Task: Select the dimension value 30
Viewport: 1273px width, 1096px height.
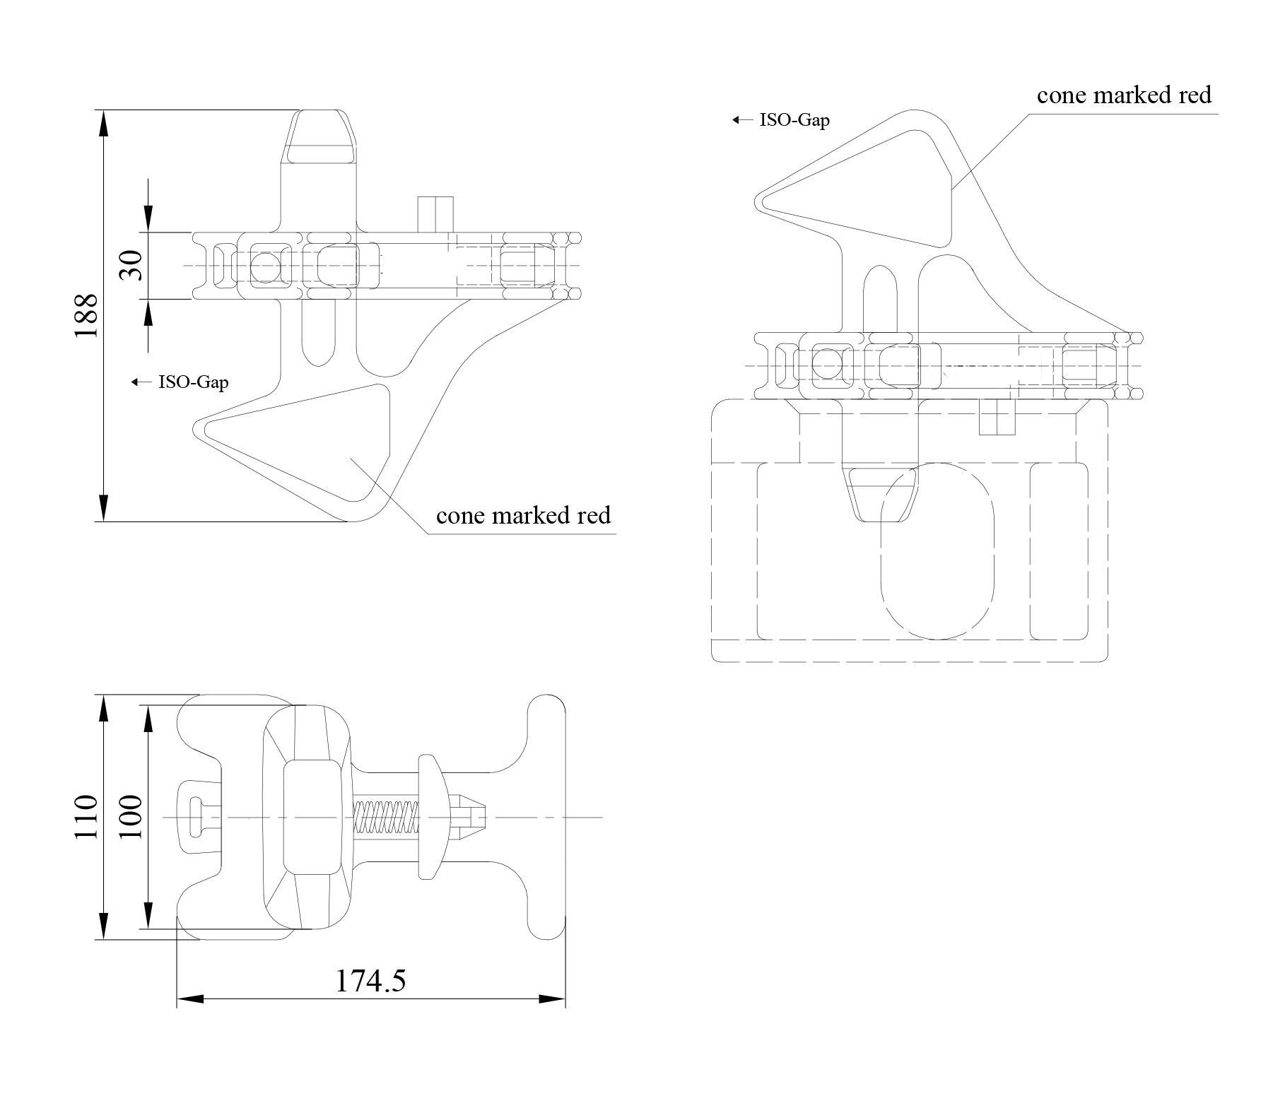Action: tap(131, 266)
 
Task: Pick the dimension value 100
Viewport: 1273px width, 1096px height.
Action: tap(131, 818)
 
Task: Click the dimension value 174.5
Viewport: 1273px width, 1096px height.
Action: tap(370, 980)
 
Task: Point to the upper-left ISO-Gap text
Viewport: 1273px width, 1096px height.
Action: tap(193, 382)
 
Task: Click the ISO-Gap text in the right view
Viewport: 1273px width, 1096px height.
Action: tap(794, 120)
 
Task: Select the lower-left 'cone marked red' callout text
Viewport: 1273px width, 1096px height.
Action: tap(523, 515)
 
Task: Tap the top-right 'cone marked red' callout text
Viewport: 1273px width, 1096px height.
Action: tap(1124, 95)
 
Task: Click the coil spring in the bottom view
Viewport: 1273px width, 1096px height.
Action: tap(386, 818)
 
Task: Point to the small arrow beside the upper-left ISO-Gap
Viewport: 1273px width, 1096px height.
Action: tap(137, 382)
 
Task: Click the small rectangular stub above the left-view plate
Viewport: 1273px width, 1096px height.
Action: tap(435, 214)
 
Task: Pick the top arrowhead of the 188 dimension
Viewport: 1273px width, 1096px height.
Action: tap(104, 124)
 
